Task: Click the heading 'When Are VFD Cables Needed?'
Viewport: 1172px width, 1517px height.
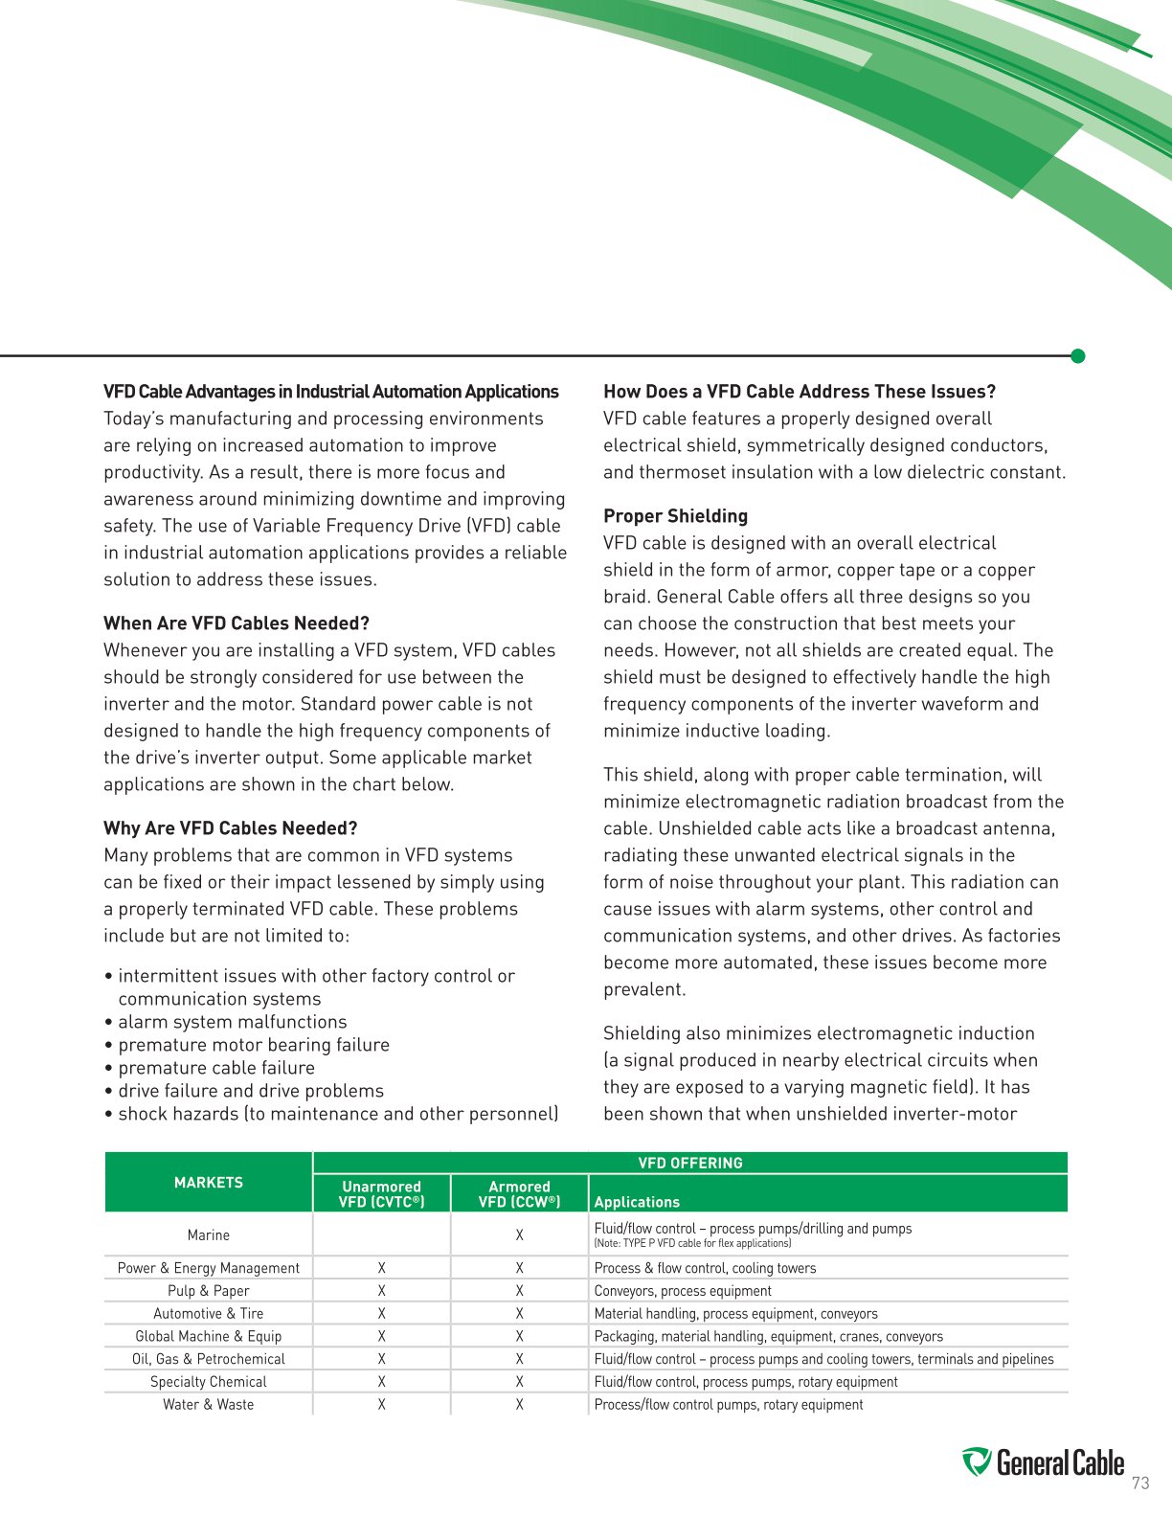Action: point(237,623)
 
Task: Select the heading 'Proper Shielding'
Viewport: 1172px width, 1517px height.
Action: point(675,516)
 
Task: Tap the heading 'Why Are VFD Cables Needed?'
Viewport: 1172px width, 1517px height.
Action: point(230,828)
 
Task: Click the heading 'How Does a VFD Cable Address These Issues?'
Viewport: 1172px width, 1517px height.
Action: point(800,392)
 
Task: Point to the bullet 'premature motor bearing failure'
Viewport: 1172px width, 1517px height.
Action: point(254,1045)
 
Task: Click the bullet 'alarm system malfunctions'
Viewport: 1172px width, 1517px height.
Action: point(233,1022)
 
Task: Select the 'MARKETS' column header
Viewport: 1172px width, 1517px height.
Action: point(209,1183)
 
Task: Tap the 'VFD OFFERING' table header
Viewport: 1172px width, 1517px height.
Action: point(690,1163)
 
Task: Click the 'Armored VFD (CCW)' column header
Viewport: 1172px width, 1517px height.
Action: point(519,1193)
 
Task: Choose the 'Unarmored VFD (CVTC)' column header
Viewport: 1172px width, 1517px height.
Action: point(381,1193)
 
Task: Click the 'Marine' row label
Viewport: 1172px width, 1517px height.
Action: point(209,1235)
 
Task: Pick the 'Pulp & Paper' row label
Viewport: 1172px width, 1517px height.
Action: point(209,1291)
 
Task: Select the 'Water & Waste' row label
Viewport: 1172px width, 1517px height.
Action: point(209,1405)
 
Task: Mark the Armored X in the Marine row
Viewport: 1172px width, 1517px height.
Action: point(519,1235)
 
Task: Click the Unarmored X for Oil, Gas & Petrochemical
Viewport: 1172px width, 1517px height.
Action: point(381,1359)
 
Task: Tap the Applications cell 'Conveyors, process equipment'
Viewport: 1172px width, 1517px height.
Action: point(683,1291)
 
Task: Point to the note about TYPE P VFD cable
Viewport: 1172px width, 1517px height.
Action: point(692,1244)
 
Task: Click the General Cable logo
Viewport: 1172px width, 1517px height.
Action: point(1043,1463)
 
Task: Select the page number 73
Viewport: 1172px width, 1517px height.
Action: point(1139,1483)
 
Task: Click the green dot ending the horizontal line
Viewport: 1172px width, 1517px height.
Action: point(1077,356)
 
